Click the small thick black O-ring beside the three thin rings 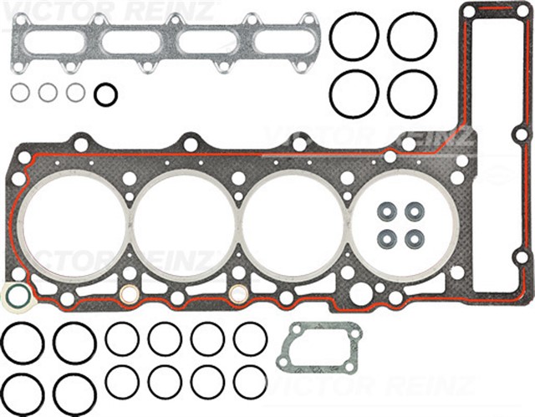click(105, 94)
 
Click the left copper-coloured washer click(129, 293)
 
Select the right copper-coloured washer click(238, 292)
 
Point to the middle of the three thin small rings click(48, 92)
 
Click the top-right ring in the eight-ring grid click(250, 339)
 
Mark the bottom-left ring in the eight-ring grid click(122, 381)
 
